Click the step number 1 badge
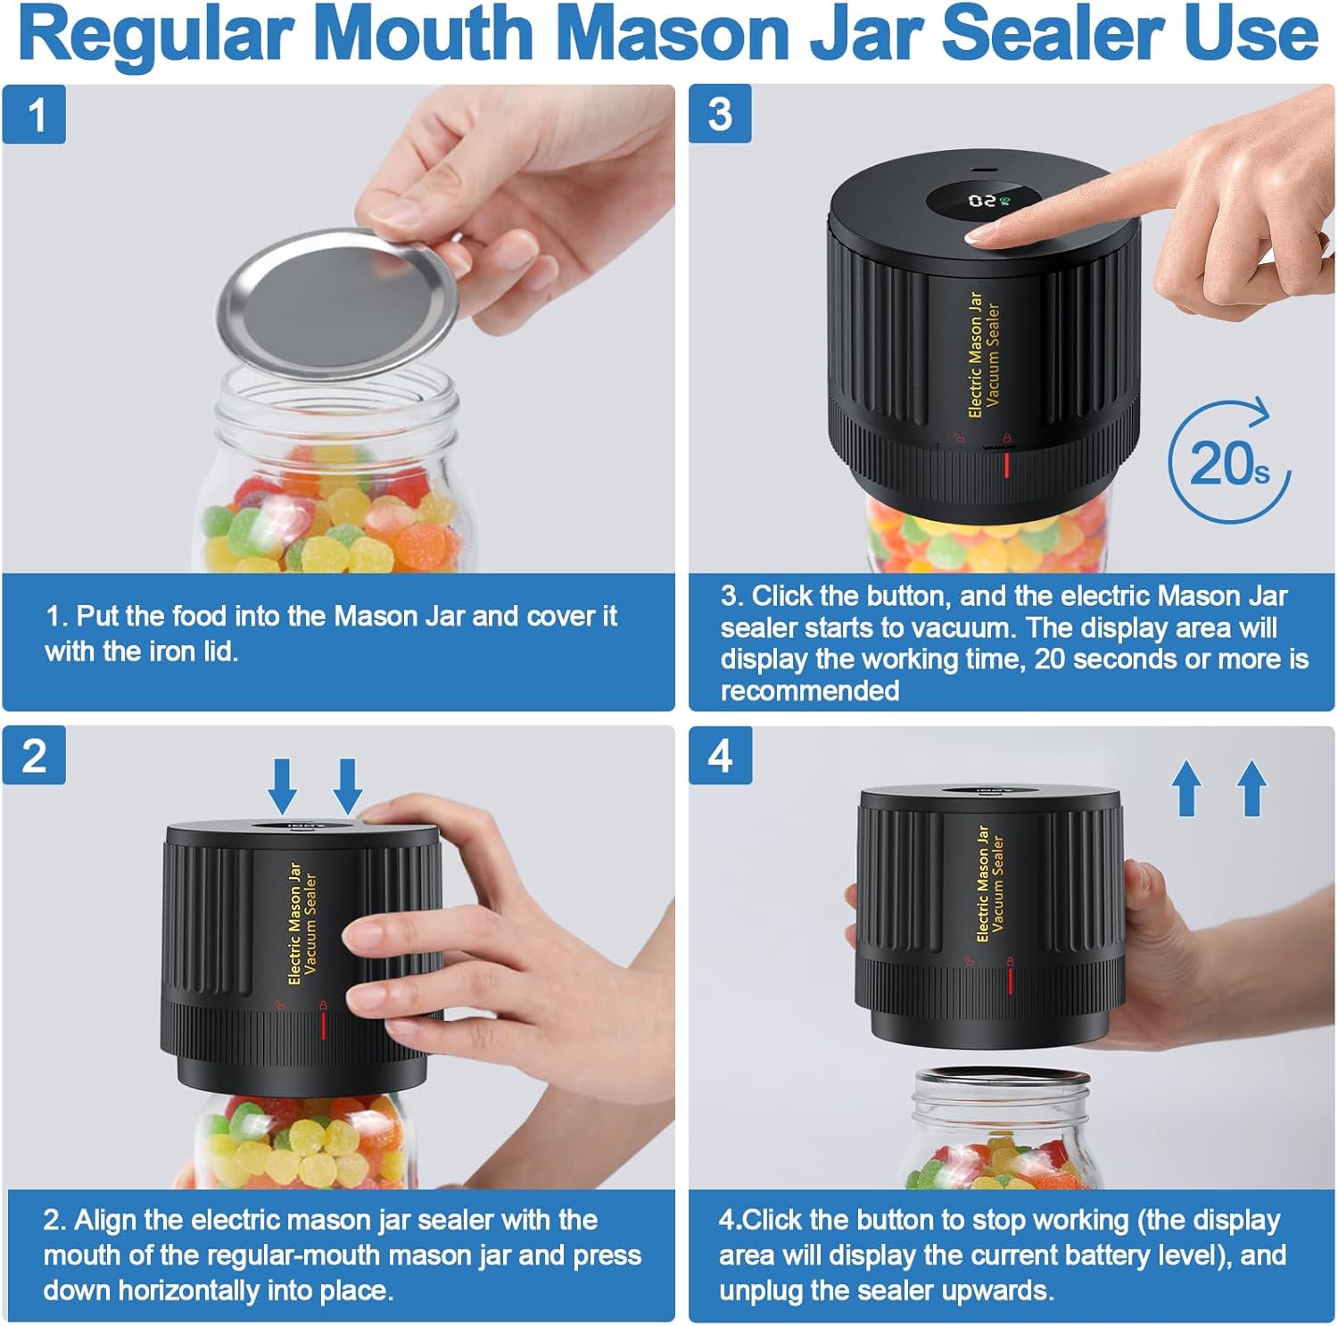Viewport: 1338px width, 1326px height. coord(34,114)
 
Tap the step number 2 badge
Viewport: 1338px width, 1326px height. coord(34,756)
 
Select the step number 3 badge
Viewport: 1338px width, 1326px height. coord(720,114)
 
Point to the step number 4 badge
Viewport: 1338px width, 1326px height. coord(720,756)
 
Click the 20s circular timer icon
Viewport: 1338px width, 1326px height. coord(1229,462)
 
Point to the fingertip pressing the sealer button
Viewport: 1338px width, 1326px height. coord(985,236)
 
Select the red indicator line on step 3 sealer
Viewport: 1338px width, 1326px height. coord(1007,465)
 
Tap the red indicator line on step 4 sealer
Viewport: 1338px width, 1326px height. coord(1010,981)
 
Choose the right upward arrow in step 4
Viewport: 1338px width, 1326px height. coord(1251,788)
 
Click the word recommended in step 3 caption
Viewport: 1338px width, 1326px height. coord(809,691)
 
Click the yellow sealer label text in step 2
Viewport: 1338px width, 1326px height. coord(301,923)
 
